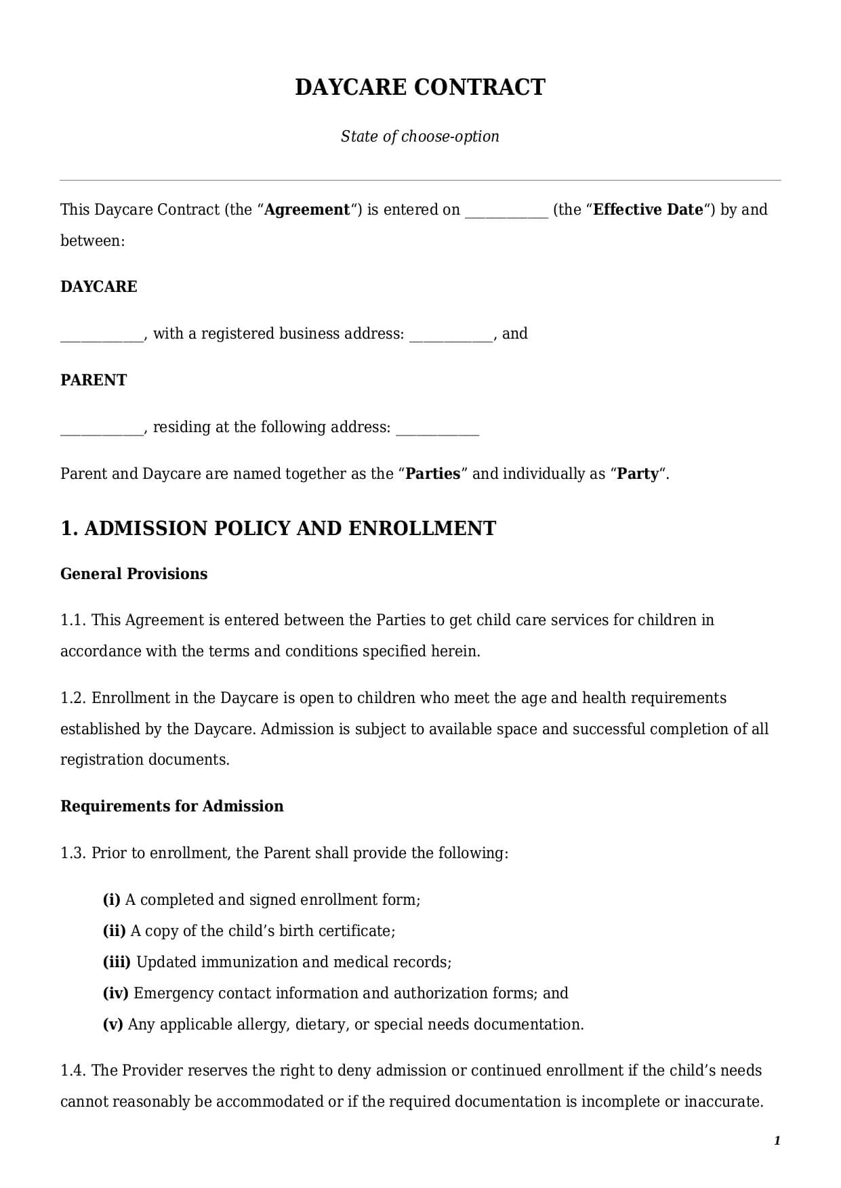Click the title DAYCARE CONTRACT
(420, 87)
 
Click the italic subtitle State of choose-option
(420, 136)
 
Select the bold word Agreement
(307, 210)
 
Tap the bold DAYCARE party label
(99, 287)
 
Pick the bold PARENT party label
(94, 380)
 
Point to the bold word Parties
(433, 473)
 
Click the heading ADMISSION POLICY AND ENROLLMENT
(290, 528)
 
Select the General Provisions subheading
(134, 574)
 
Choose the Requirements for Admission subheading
(172, 806)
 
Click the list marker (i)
(111, 899)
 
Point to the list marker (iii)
(117, 962)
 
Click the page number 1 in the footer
(777, 1141)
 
